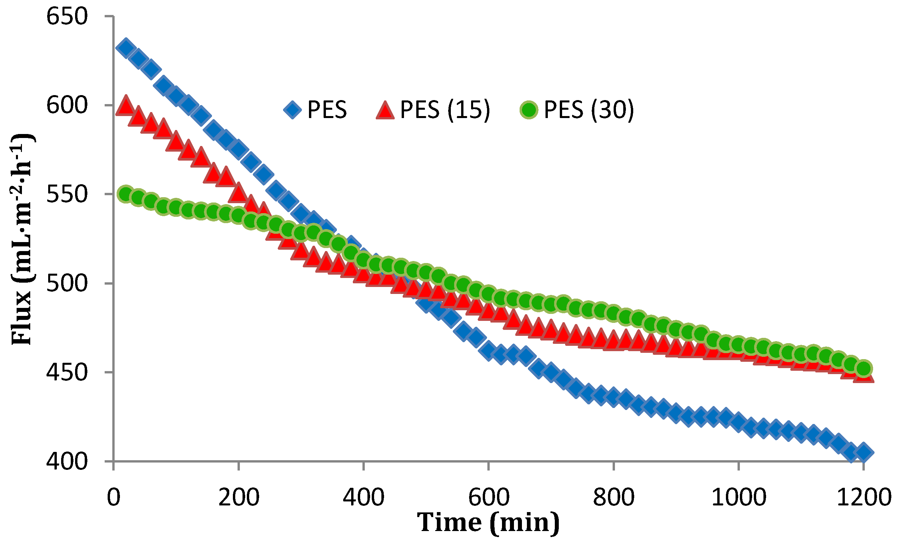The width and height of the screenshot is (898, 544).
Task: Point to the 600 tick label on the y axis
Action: [x=67, y=105]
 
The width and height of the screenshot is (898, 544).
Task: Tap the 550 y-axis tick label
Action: [x=67, y=195]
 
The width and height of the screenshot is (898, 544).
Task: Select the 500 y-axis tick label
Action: [x=67, y=284]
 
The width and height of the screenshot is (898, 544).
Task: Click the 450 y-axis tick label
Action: [x=67, y=372]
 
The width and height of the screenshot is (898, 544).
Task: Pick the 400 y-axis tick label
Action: [x=67, y=462]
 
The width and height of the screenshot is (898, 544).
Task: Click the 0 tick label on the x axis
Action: [x=114, y=497]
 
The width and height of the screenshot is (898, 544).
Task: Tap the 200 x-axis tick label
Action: [x=239, y=497]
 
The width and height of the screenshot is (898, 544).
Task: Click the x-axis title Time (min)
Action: [x=488, y=522]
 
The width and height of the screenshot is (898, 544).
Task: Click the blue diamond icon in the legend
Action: [x=293, y=110]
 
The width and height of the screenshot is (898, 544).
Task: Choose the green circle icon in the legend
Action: [x=529, y=110]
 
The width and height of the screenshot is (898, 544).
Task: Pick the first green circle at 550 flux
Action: [x=126, y=195]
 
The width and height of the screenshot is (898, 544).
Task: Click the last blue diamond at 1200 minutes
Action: [x=863, y=452]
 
